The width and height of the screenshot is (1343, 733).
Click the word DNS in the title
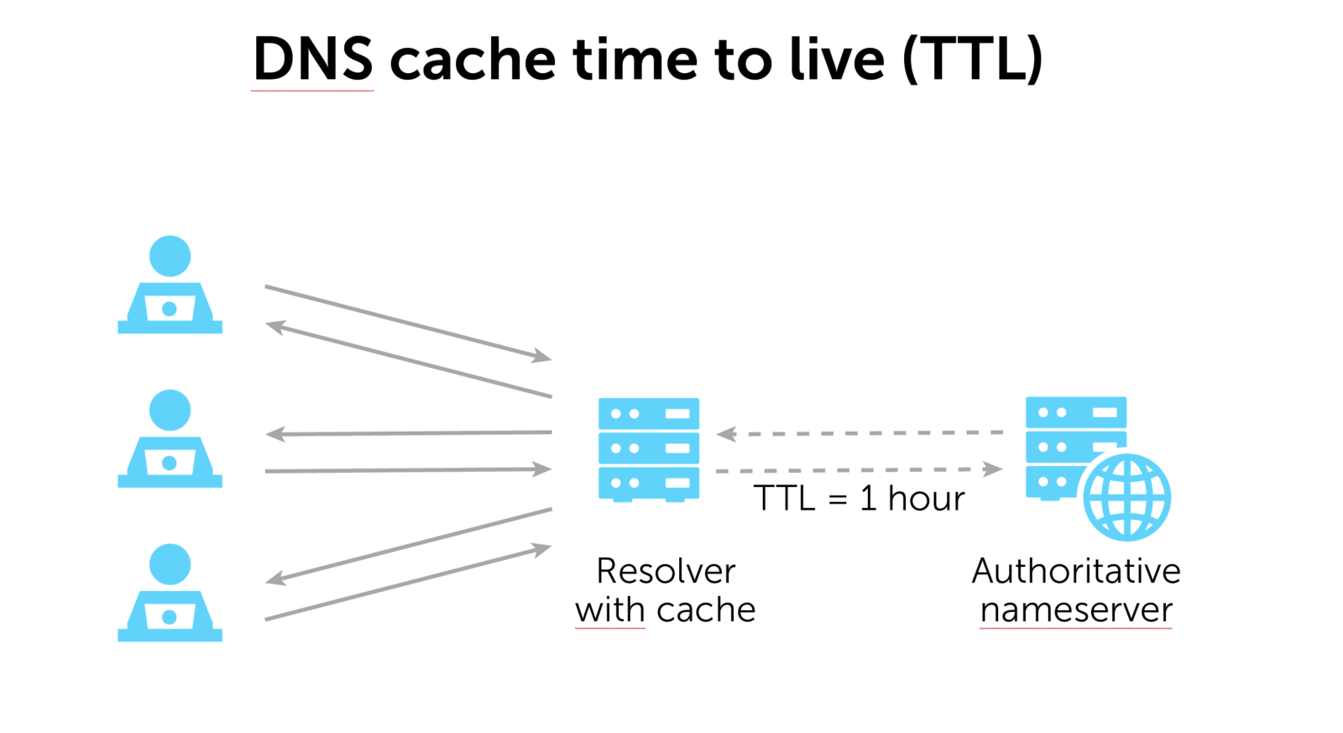pos(312,60)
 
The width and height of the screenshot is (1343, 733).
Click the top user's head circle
pos(170,256)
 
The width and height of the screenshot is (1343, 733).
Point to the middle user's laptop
pos(170,463)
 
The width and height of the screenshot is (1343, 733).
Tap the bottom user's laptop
pos(170,617)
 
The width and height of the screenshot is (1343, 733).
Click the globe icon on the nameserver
pos(1126,497)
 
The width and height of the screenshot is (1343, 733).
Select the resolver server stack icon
pos(648,449)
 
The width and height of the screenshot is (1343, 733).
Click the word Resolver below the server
pos(666,571)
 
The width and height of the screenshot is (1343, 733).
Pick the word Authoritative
pos(1076,571)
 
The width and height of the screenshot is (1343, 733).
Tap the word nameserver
pos(1076,610)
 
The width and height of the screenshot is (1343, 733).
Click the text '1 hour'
pos(912,499)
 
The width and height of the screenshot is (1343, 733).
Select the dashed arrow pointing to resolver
pos(860,433)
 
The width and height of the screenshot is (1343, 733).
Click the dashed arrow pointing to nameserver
pos(860,470)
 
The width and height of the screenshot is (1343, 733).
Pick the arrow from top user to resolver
pos(408,322)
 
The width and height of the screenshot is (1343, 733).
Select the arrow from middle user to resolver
pos(408,470)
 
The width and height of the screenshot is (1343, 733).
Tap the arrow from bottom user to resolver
pos(408,584)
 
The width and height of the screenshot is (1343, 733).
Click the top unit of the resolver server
pos(648,414)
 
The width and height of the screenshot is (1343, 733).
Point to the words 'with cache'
pos(666,610)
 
